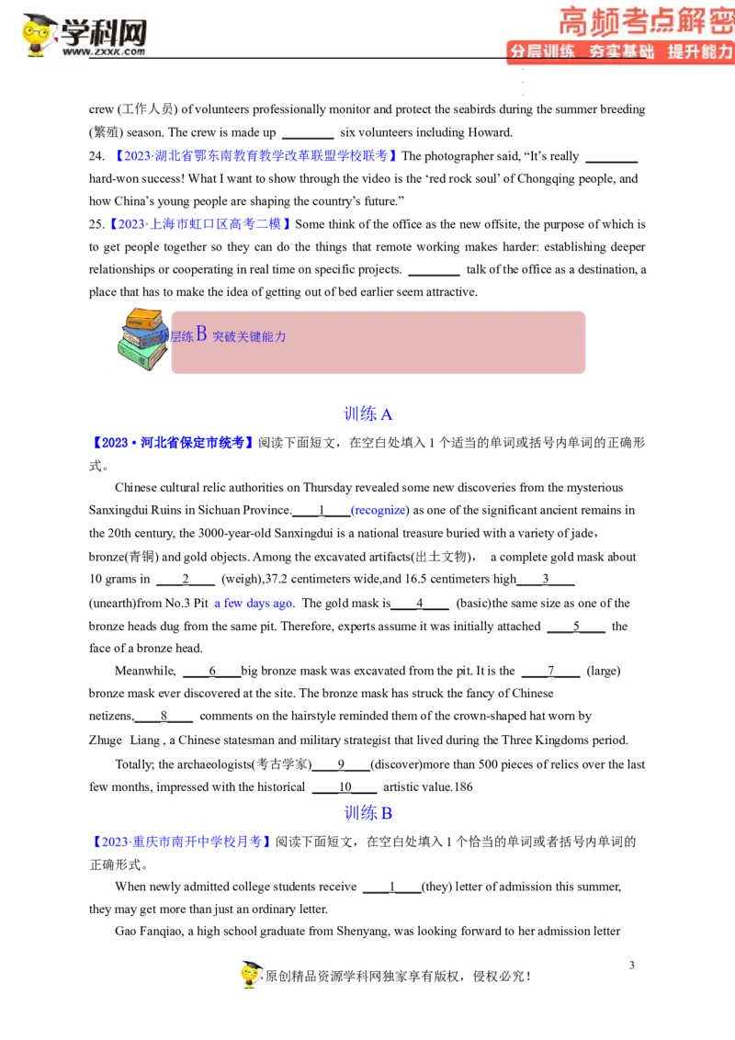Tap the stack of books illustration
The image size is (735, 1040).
tap(142, 338)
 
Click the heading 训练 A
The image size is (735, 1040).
tap(368, 414)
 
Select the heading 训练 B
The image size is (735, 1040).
tap(368, 813)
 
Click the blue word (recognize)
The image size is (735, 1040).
tap(379, 510)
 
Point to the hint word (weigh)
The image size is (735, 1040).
tap(242, 579)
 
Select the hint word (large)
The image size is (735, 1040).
tap(604, 671)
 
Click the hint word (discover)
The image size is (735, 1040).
tap(400, 764)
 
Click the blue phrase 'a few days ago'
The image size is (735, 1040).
tap(254, 603)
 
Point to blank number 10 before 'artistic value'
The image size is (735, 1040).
tap(345, 787)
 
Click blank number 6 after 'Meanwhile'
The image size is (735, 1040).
tap(212, 672)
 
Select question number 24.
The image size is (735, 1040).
tap(96, 156)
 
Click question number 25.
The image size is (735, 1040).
tap(96, 224)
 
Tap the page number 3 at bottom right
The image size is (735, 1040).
tap(631, 965)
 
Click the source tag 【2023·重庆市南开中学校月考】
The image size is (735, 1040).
tap(181, 842)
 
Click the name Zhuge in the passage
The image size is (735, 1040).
tap(106, 740)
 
